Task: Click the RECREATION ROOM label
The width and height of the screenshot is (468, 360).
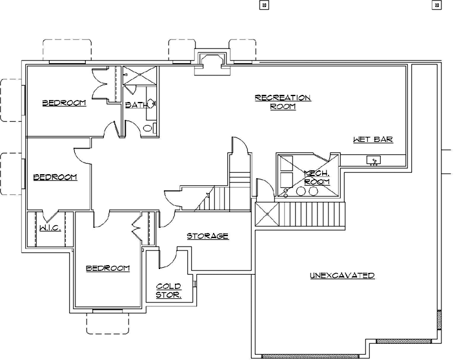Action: pyautogui.click(x=283, y=102)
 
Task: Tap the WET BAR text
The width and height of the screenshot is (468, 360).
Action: pyautogui.click(x=373, y=139)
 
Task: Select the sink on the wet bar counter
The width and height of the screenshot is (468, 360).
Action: pyautogui.click(x=374, y=159)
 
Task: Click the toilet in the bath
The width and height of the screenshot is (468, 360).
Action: pyautogui.click(x=148, y=128)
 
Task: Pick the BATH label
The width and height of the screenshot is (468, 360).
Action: pyautogui.click(x=136, y=105)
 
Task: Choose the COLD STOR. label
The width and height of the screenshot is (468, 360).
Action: pyautogui.click(x=168, y=290)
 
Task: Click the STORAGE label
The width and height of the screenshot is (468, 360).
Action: pyautogui.click(x=207, y=236)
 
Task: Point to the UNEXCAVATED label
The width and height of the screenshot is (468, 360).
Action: pyautogui.click(x=342, y=275)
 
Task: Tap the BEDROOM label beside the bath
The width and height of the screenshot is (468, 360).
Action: pyautogui.click(x=64, y=103)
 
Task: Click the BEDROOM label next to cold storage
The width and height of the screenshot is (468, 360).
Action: pyautogui.click(x=108, y=268)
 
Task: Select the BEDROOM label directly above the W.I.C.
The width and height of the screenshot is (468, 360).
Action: pyautogui.click(x=55, y=177)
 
